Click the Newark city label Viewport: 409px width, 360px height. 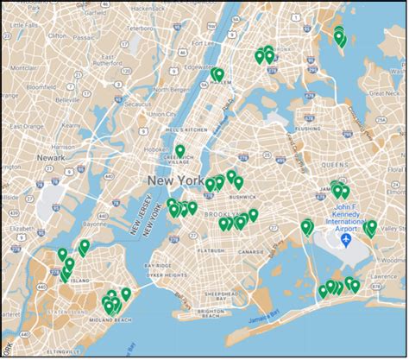coord(52,158)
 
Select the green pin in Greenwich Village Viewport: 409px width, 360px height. coord(180,151)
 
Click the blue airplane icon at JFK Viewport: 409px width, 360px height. coord(347,238)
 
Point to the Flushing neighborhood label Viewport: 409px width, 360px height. coord(309,129)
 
